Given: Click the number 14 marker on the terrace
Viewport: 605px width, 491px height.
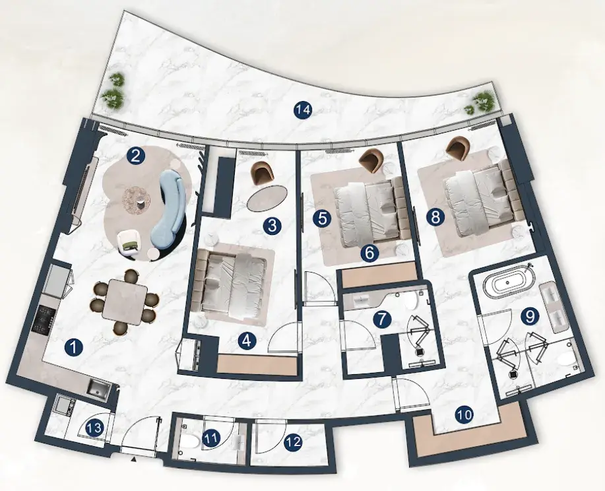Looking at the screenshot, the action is [x=302, y=110].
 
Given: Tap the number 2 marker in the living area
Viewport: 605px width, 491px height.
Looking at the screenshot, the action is [x=135, y=156].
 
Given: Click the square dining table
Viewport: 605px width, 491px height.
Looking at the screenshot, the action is [x=125, y=300].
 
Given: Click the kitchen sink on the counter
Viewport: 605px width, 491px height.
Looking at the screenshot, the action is [x=97, y=387].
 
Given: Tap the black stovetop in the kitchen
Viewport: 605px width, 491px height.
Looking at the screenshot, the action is [x=41, y=320].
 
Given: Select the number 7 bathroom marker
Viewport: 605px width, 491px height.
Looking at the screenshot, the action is [x=382, y=319].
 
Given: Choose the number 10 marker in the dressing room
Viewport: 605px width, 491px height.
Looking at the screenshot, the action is [x=464, y=415].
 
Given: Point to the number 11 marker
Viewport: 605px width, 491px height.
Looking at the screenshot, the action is [x=211, y=438].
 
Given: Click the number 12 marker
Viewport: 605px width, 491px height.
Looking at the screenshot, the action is [x=293, y=442].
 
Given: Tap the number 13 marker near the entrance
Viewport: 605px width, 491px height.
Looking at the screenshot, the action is [x=94, y=428].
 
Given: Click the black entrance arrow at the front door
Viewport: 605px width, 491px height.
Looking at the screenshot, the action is [x=134, y=459].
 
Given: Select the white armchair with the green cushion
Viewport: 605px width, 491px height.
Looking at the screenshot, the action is [x=129, y=242].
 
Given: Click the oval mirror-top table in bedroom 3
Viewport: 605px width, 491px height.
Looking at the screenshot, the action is [x=267, y=197].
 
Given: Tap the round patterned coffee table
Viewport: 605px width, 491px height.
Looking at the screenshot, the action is [x=136, y=199].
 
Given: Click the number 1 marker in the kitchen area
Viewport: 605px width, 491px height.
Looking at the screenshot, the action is [x=74, y=347].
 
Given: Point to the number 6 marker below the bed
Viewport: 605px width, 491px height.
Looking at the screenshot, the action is [x=369, y=253].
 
